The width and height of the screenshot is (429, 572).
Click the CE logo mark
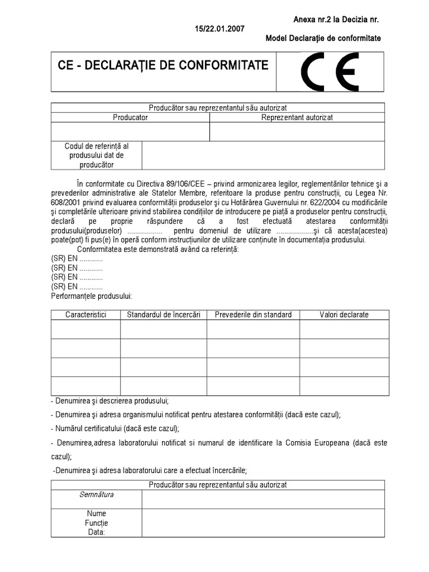pyautogui.click(x=330, y=73)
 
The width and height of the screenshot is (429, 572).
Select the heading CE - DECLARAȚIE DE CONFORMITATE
pyautogui.click(x=163, y=65)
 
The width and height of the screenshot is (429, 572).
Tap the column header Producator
pyautogui.click(x=130, y=118)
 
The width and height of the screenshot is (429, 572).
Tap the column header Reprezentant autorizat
pyautogui.click(x=297, y=118)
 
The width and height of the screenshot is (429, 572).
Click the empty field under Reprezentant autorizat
pyautogui.click(x=297, y=132)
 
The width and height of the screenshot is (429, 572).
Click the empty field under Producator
pyautogui.click(x=130, y=132)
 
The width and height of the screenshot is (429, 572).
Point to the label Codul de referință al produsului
pyautogui.click(x=97, y=155)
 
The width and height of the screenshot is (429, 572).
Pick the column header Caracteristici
pyautogui.click(x=85, y=314)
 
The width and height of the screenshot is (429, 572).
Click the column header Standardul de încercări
pyautogui.click(x=164, y=314)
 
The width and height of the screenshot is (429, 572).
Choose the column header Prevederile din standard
pyautogui.click(x=253, y=314)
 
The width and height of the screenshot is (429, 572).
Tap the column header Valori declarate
pyautogui.click(x=344, y=314)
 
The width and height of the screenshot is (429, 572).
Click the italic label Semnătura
pyautogui.click(x=97, y=494)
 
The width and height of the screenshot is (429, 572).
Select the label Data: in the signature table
pyautogui.click(x=97, y=532)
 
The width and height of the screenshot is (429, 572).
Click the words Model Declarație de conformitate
pyautogui.click(x=324, y=38)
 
